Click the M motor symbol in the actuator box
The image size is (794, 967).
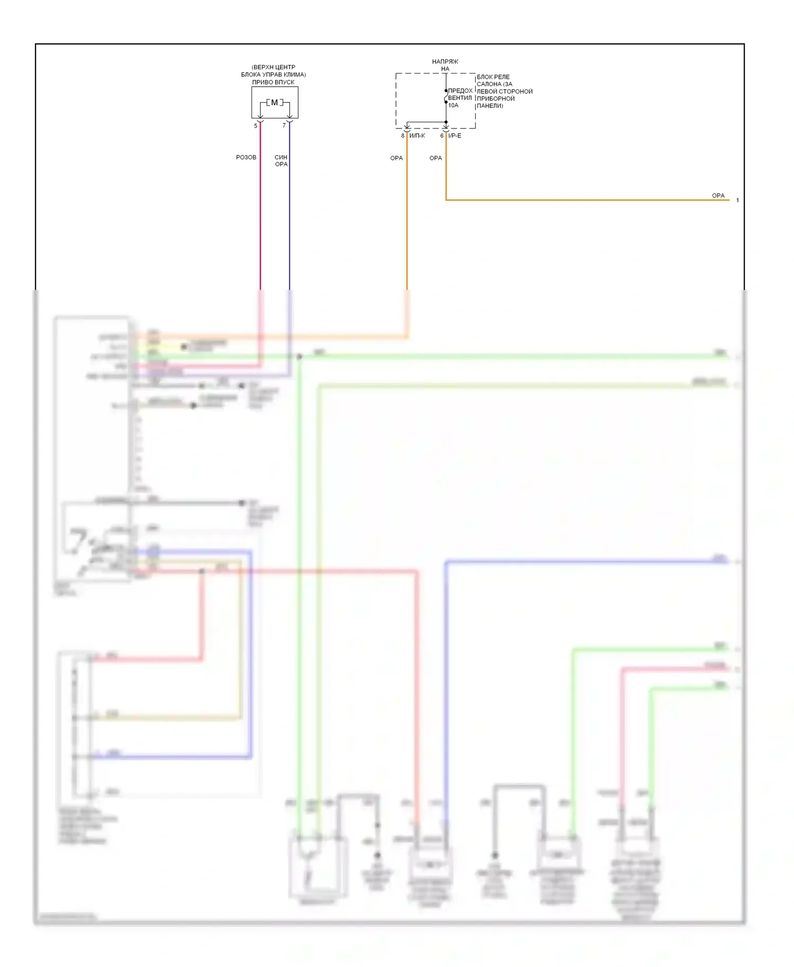274,103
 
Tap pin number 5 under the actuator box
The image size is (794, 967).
256,126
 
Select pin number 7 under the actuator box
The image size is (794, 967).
284,126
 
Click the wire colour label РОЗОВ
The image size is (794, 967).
246,158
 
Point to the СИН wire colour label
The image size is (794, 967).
281,157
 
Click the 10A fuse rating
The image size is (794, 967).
453,105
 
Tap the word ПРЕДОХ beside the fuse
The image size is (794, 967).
460,91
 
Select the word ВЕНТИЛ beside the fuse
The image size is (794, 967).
459,98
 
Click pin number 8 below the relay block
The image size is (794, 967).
403,136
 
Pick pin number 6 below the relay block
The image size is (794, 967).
442,136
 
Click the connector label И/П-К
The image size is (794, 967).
417,136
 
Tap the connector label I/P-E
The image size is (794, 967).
455,136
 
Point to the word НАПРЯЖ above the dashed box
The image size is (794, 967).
445,62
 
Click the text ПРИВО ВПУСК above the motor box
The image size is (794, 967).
273,82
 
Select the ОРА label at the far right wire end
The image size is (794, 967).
718,196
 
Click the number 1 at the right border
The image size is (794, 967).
737,200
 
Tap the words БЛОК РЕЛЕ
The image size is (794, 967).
493,77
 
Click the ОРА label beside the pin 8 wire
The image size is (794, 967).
396,158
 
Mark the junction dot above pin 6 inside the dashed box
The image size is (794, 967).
446,122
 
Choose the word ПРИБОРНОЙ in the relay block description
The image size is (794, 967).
495,98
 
